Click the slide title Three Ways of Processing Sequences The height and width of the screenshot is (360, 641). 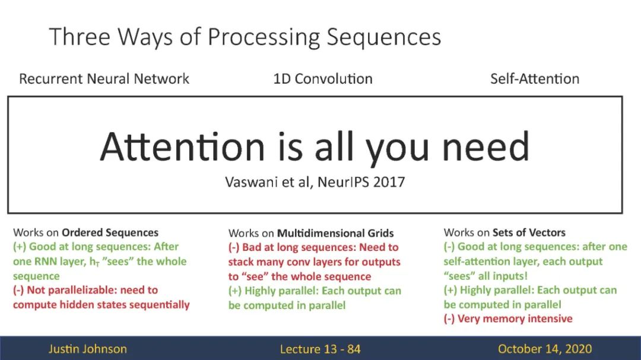click(x=245, y=37)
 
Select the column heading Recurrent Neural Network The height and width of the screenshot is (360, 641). click(x=104, y=78)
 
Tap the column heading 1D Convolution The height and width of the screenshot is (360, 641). click(x=323, y=78)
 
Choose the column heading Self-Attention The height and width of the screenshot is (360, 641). click(x=535, y=78)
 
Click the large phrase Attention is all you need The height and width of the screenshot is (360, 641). click(x=315, y=146)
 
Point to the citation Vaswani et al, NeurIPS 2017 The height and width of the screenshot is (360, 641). click(x=315, y=182)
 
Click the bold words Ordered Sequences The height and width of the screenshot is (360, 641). click(x=110, y=232)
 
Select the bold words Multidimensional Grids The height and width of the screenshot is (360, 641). click(x=335, y=233)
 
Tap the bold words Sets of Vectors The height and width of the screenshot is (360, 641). click(x=529, y=232)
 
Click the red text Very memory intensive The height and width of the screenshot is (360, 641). click(x=515, y=318)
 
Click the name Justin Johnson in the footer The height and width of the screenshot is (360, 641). click(x=87, y=349)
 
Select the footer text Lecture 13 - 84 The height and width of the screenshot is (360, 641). click(x=320, y=349)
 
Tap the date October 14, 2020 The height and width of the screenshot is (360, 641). click(x=544, y=349)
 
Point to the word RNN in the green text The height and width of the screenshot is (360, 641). click(x=45, y=262)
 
